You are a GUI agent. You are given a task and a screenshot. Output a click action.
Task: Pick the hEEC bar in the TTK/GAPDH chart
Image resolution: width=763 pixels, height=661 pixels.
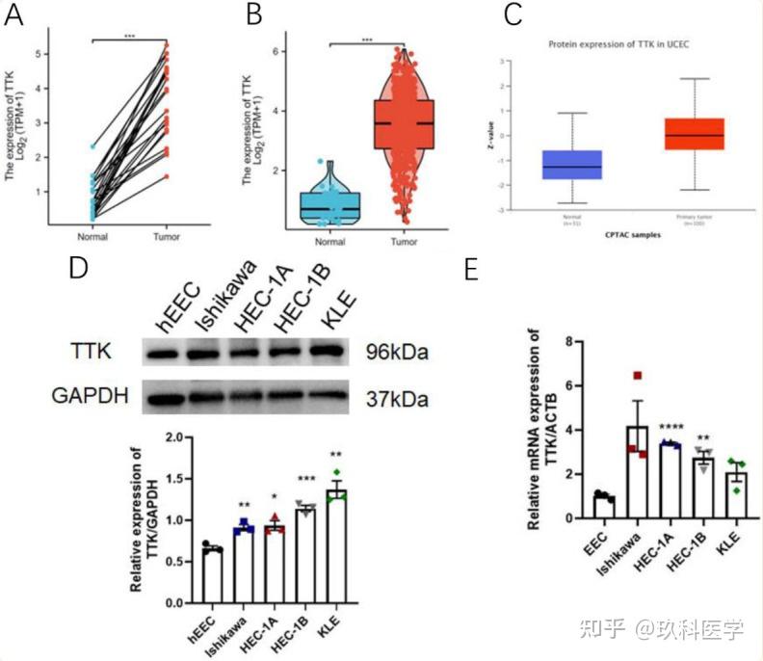(211, 576)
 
